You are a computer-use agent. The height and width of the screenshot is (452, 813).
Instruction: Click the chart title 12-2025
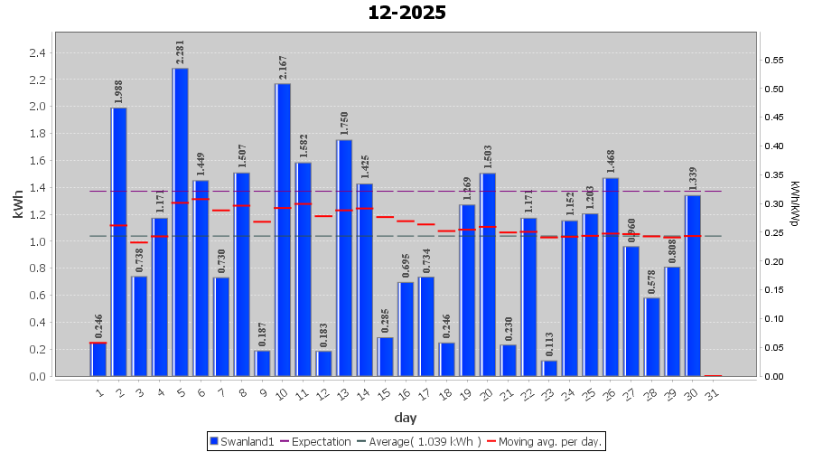(x=406, y=13)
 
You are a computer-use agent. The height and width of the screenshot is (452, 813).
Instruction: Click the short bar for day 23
(x=549, y=369)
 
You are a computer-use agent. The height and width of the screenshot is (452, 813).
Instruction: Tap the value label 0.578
(x=652, y=283)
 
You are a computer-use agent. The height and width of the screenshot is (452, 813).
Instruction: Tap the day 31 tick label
(x=713, y=393)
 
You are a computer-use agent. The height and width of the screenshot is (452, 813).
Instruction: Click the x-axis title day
(x=406, y=417)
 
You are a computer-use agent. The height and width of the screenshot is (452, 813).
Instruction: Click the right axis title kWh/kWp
(x=795, y=203)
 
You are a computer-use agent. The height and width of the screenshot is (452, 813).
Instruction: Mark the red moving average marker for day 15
(x=385, y=217)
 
